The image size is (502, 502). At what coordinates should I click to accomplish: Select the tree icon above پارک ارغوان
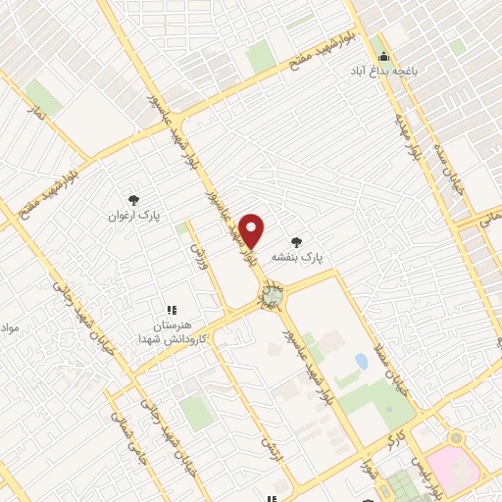coord(133,195)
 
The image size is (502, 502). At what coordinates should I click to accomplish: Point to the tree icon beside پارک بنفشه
coord(296,239)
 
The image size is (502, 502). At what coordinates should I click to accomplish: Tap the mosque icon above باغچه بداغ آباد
coord(384,55)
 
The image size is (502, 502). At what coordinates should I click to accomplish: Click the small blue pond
coord(362,362)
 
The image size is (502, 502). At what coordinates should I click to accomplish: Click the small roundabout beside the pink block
coord(455,437)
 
